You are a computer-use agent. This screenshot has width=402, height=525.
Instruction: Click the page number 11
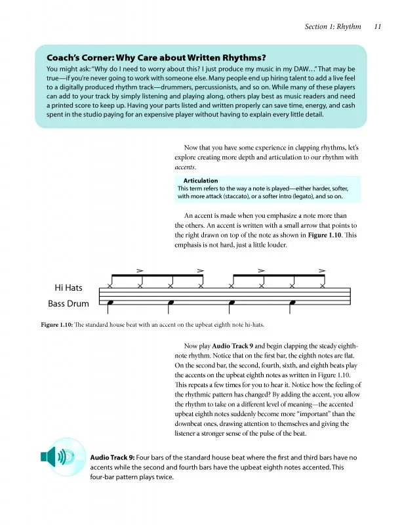pos(377,27)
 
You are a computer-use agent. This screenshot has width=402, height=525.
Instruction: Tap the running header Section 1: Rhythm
pos(333,27)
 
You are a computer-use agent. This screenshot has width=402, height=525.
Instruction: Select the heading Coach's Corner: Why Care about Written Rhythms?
pos(155,56)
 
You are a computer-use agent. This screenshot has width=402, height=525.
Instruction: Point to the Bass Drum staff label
pos(68,304)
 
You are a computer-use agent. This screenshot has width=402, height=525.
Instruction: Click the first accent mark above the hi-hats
pos(139,270)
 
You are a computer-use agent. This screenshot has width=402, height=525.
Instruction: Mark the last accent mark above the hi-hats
pos(322,270)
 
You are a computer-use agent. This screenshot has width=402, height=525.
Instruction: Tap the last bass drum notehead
pos(292,303)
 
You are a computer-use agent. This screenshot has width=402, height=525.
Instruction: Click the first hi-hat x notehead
pos(110,286)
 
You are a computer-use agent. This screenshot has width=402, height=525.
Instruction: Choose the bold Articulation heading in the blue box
pos(201,180)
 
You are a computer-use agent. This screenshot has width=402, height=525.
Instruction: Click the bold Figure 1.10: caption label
pos(56,324)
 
